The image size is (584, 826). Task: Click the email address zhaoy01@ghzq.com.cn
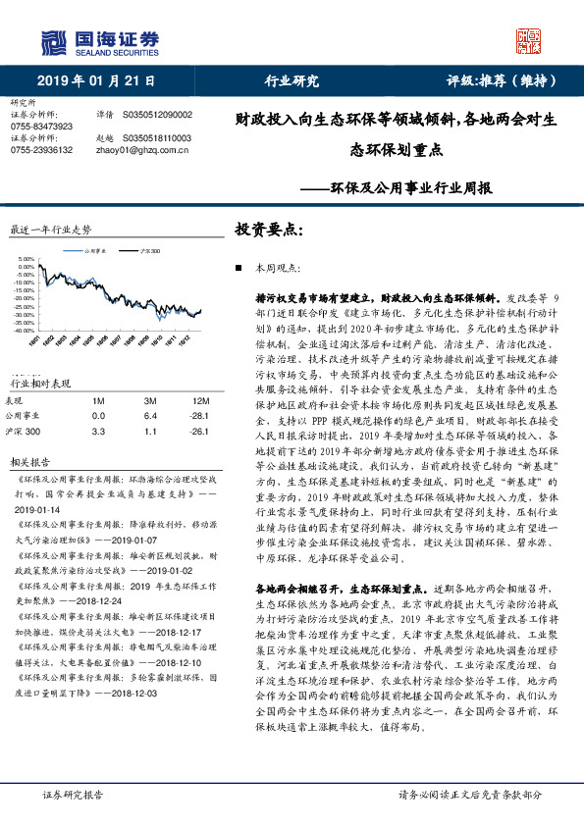click(x=145, y=150)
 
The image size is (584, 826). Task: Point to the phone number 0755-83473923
click(x=40, y=127)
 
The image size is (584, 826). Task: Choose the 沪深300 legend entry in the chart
click(x=149, y=252)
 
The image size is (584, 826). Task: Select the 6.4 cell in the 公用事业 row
click(x=149, y=414)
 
